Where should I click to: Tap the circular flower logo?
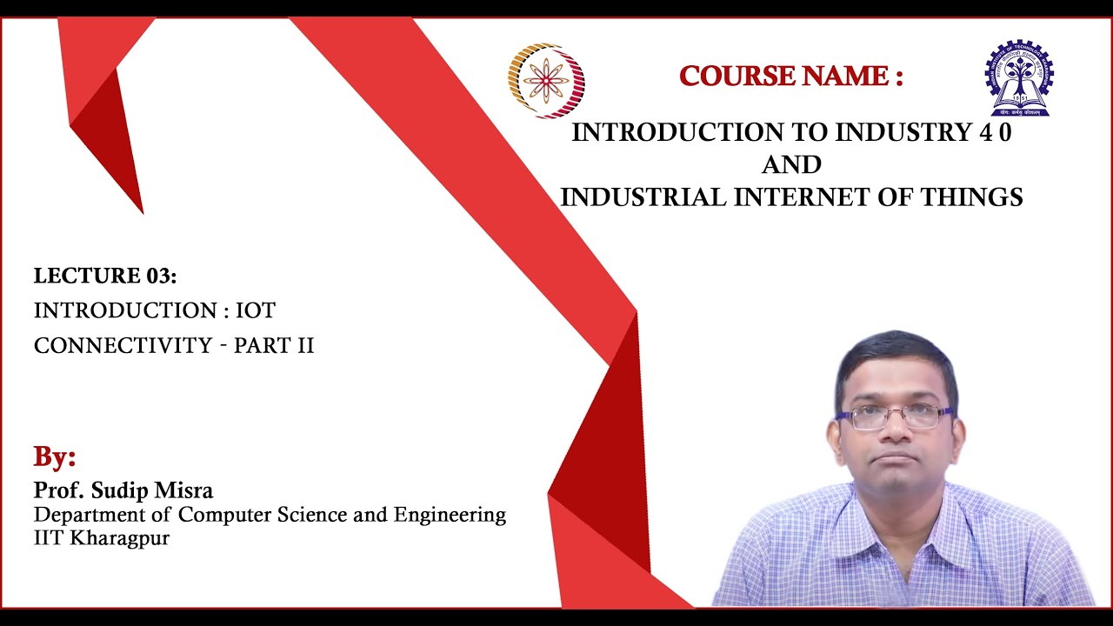click(546, 81)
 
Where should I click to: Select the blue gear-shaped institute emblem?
click(1017, 78)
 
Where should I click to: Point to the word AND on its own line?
click(791, 164)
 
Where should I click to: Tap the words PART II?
click(274, 346)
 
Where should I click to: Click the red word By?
click(55, 456)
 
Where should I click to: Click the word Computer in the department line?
click(225, 514)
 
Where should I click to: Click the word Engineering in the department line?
click(450, 515)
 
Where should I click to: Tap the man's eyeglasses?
click(895, 417)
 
